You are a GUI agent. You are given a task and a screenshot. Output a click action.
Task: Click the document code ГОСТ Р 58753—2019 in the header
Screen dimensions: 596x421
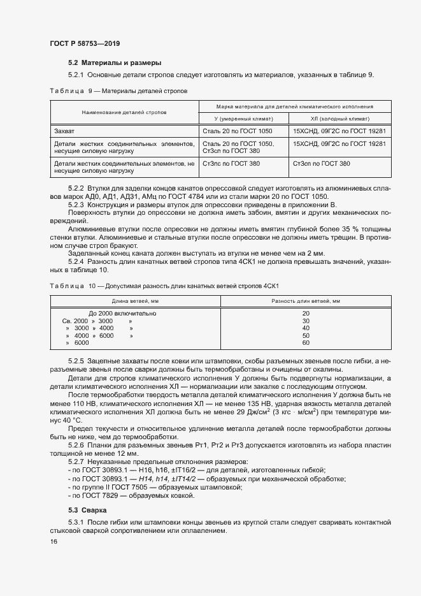point(84,43)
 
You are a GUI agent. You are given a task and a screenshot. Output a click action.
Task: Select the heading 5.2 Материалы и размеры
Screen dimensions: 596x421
point(115,62)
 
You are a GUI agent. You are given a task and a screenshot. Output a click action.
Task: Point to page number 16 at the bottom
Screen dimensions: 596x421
point(54,541)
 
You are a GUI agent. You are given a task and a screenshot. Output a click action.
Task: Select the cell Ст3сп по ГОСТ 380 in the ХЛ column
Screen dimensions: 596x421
point(321,164)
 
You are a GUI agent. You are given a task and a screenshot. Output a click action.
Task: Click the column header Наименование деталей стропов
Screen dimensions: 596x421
point(124,112)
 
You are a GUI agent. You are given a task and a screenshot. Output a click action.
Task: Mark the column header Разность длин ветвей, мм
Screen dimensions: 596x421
point(306,300)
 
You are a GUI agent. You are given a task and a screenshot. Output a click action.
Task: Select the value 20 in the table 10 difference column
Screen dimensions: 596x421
point(306,313)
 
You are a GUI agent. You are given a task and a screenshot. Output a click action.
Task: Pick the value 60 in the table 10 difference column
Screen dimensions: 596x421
point(306,343)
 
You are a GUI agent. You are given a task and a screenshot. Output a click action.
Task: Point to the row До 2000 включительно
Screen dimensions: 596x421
point(122,313)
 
